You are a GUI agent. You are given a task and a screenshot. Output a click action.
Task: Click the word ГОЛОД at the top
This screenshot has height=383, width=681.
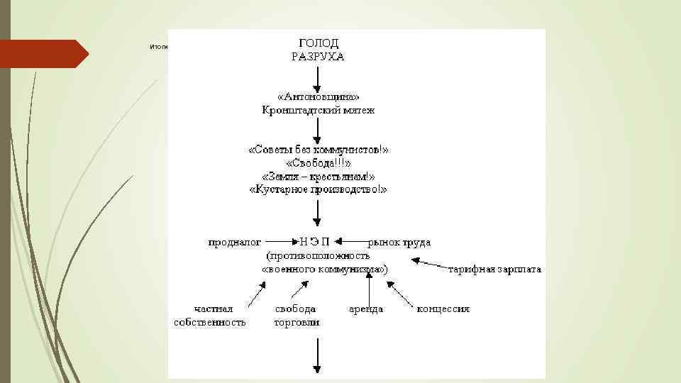point(318,43)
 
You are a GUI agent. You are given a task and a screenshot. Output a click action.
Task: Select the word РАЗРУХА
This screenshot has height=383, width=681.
point(318,57)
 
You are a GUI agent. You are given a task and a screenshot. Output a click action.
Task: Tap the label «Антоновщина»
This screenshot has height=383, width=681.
point(318,96)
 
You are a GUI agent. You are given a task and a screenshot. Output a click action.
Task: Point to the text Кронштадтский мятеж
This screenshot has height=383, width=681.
point(318,110)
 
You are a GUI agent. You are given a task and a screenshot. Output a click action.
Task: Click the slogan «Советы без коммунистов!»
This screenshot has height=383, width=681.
point(318,150)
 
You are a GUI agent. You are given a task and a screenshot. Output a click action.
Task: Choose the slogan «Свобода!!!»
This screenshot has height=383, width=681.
point(318,163)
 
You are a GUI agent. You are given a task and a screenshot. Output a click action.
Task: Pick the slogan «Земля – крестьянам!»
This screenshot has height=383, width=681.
point(318,177)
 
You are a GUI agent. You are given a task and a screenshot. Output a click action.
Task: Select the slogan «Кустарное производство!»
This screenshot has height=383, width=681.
point(318,190)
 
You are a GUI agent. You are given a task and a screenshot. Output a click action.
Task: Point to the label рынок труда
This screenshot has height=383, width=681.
point(399,243)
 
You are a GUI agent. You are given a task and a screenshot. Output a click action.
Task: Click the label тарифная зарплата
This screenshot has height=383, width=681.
point(494,270)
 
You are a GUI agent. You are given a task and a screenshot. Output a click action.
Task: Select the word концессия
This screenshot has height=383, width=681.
point(443,309)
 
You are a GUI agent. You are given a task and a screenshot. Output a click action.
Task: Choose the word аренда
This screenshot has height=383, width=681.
point(366,309)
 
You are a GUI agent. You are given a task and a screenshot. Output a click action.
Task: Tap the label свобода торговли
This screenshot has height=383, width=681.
point(296,316)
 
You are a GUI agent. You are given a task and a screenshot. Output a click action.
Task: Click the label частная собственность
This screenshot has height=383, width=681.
point(210,316)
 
